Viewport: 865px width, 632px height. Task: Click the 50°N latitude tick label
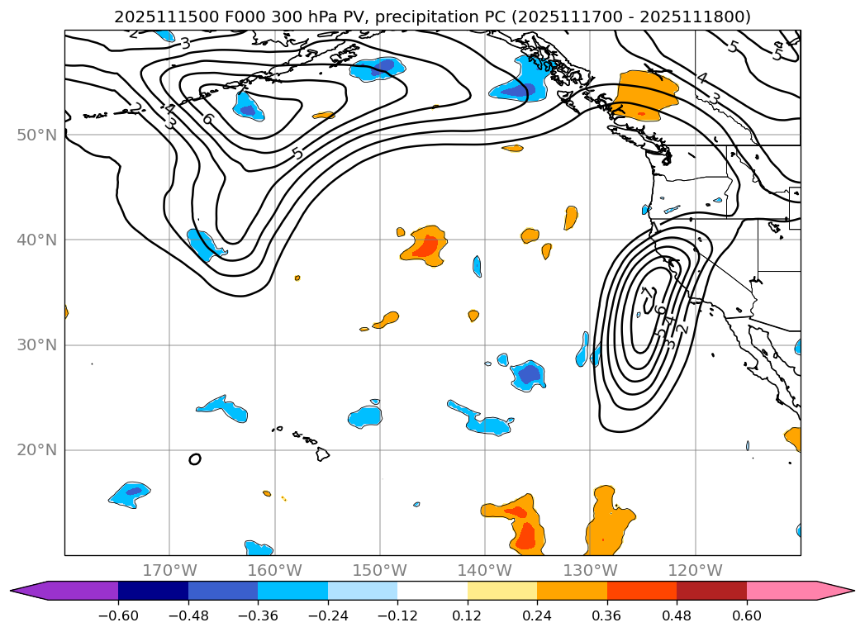click(36, 135)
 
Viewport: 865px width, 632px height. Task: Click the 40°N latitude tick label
click(36, 240)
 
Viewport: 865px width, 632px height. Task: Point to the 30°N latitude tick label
click(36, 345)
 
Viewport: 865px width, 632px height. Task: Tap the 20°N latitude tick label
click(36, 450)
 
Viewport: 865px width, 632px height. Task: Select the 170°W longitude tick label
click(169, 570)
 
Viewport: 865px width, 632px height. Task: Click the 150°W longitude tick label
click(380, 570)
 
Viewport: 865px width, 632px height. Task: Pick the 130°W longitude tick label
click(590, 570)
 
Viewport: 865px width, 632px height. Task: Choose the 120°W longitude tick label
click(695, 570)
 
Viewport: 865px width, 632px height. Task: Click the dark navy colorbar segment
click(153, 591)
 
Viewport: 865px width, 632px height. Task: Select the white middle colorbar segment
click(432, 591)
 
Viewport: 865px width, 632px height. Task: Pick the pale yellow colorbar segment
click(502, 591)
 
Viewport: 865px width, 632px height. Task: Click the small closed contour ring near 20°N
click(195, 459)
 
